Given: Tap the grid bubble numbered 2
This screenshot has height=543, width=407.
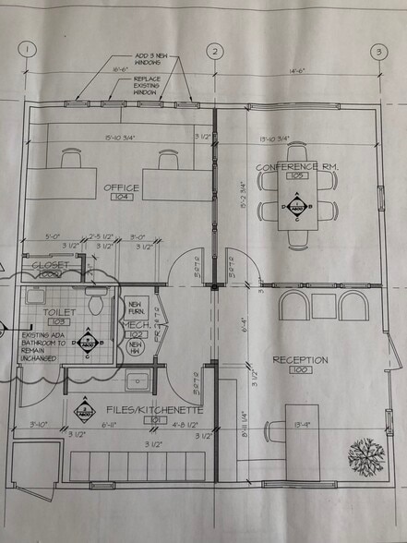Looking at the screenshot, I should pos(215,52).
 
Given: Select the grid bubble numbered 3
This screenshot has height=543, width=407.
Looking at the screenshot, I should pos(378,53).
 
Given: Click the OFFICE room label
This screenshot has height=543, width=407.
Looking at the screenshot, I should pos(121,187).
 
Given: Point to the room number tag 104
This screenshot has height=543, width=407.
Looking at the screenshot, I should pos(122,198).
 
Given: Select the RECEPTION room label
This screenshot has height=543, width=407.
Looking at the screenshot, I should pos(298,360).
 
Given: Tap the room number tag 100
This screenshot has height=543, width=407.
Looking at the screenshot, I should pos(299,370).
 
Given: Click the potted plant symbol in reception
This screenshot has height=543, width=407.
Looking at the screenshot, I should pos(366,454).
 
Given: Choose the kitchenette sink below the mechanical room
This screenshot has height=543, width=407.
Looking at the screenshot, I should pos(138,380).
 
